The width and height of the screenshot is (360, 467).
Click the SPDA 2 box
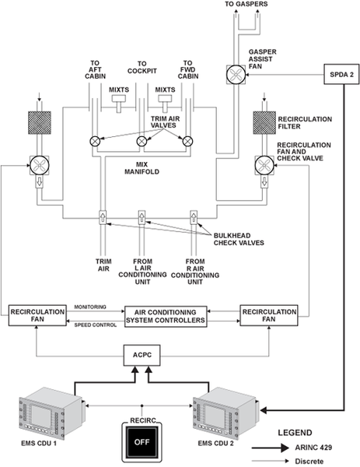click(341, 74)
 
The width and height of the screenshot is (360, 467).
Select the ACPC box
click(142, 356)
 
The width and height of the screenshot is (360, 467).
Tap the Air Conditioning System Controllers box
click(166, 316)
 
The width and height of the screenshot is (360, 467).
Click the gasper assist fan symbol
click(236, 75)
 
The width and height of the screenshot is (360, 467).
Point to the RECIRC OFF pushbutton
click(142, 442)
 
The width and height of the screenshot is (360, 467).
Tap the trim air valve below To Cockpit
click(142, 141)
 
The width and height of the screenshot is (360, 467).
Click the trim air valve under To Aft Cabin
click(95, 141)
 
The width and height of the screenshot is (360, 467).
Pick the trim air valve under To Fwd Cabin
click(187, 141)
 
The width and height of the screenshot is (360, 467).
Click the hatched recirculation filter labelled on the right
click(264, 123)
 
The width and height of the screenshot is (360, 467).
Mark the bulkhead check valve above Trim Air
click(103, 217)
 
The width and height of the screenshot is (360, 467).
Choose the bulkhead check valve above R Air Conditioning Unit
click(194, 217)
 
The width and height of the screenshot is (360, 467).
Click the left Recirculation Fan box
click(37, 315)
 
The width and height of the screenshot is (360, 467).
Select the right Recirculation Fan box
click(269, 315)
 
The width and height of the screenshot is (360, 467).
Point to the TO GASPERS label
click(246, 4)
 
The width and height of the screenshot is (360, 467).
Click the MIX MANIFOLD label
click(142, 168)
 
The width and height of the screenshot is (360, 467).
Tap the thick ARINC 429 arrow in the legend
click(270, 448)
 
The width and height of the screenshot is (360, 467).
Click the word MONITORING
click(90, 307)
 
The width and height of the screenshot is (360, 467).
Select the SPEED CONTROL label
click(95, 325)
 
